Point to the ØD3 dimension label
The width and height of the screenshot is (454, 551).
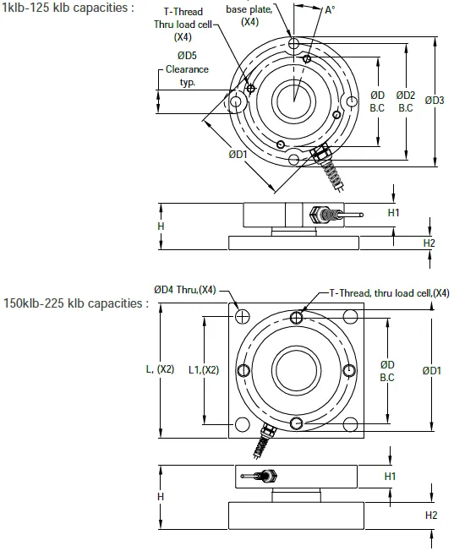(435, 101)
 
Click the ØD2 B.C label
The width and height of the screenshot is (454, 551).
(406, 101)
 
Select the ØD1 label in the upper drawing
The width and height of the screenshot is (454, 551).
(238, 155)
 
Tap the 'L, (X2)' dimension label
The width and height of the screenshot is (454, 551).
(160, 368)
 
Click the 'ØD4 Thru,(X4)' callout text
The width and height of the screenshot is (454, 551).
(184, 290)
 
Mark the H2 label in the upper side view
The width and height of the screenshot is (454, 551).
(429, 243)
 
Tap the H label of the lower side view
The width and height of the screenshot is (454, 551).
(160, 496)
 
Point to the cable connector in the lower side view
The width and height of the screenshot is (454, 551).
(262, 476)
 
